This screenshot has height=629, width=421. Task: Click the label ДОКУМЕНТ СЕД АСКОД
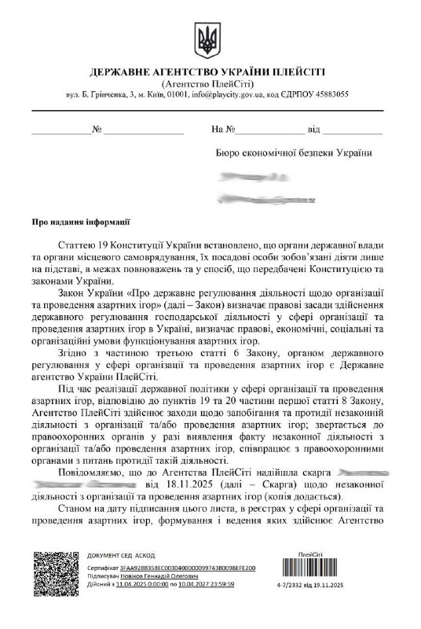pos(120,555)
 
